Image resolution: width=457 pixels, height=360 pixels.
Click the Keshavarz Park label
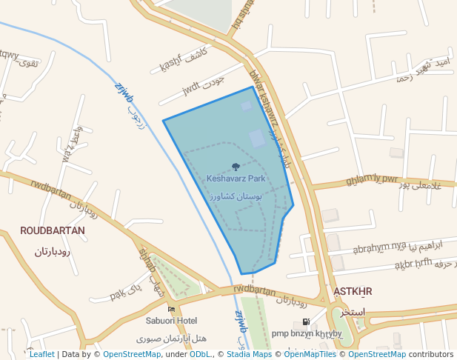point(236,179)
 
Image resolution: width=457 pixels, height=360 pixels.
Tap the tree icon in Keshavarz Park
point(236,167)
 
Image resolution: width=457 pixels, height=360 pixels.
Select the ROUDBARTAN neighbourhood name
point(53,230)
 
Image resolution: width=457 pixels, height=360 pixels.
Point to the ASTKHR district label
point(353,291)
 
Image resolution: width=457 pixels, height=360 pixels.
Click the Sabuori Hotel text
point(171,321)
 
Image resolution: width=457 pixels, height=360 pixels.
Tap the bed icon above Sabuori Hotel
point(172,309)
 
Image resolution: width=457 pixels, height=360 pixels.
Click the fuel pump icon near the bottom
point(306,322)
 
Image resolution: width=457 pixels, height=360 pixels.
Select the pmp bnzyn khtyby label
point(307,333)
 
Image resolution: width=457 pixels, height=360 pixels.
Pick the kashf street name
point(170,66)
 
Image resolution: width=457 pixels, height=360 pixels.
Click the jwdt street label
point(191,90)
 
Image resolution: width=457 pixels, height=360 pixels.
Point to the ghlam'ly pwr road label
point(372,179)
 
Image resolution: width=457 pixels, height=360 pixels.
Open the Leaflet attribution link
point(41,354)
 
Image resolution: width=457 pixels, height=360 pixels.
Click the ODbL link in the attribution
point(199,354)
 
